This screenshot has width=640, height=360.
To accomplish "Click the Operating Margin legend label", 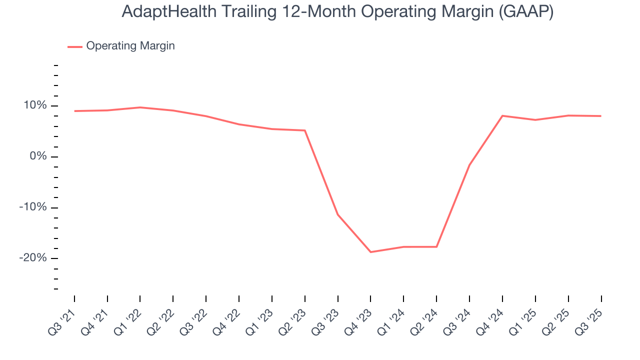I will [x=130, y=46].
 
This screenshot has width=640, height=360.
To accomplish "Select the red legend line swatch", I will [x=75, y=46].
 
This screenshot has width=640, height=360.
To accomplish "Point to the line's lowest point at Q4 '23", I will [x=370, y=252].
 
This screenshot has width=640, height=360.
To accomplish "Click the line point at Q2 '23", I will [x=305, y=130].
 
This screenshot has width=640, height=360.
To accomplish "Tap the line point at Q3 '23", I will [x=338, y=214].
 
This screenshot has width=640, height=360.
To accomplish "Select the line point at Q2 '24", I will [x=436, y=246].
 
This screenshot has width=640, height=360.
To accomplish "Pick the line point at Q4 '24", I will [x=502, y=115].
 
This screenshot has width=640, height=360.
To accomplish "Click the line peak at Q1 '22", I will [x=140, y=107].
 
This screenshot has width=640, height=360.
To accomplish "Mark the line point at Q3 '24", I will [x=469, y=165].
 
